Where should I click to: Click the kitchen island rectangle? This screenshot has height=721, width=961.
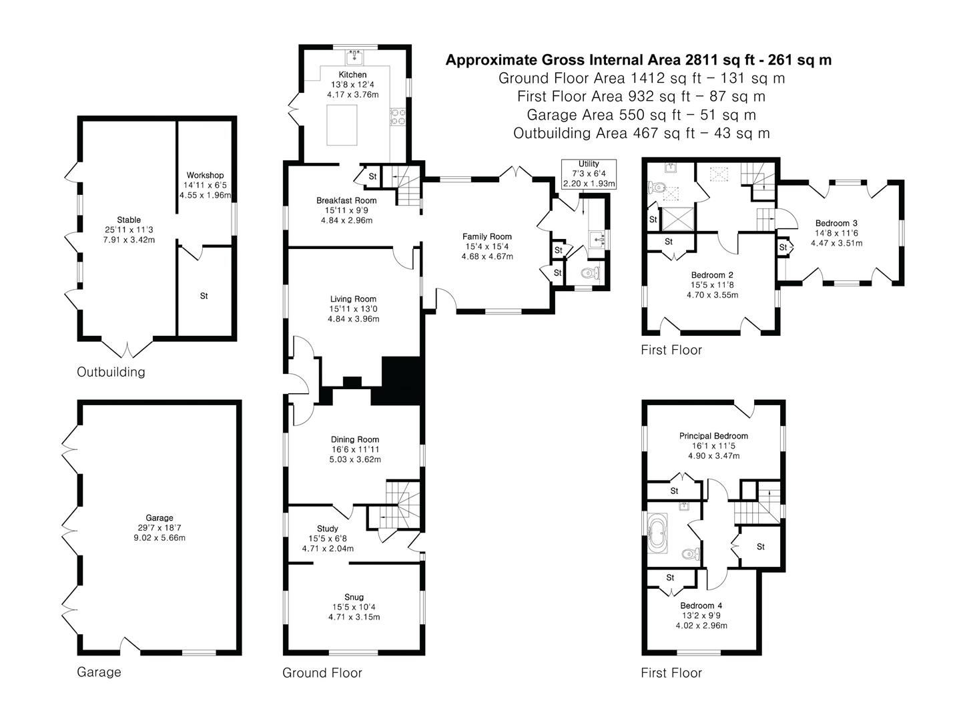click(342, 126)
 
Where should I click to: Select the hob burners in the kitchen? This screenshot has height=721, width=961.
click(398, 116)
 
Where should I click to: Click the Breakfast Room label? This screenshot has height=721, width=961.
click(346, 200)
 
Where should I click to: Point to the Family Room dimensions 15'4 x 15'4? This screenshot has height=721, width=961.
click(487, 246)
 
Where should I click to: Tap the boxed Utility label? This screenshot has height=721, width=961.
click(589, 164)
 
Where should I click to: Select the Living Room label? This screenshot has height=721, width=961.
click(353, 299)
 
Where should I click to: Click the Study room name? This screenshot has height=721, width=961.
click(327, 529)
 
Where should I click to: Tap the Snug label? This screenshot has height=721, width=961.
click(354, 597)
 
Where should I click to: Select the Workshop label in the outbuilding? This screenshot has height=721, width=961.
click(205, 175)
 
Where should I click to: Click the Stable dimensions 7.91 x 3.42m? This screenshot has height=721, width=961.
click(129, 240)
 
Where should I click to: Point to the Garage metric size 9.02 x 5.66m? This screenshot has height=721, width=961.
click(159, 537)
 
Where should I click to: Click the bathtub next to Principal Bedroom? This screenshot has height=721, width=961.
click(657, 533)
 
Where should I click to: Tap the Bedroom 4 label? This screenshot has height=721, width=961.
click(701, 606)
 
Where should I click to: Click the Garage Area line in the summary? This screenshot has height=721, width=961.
click(641, 115)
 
